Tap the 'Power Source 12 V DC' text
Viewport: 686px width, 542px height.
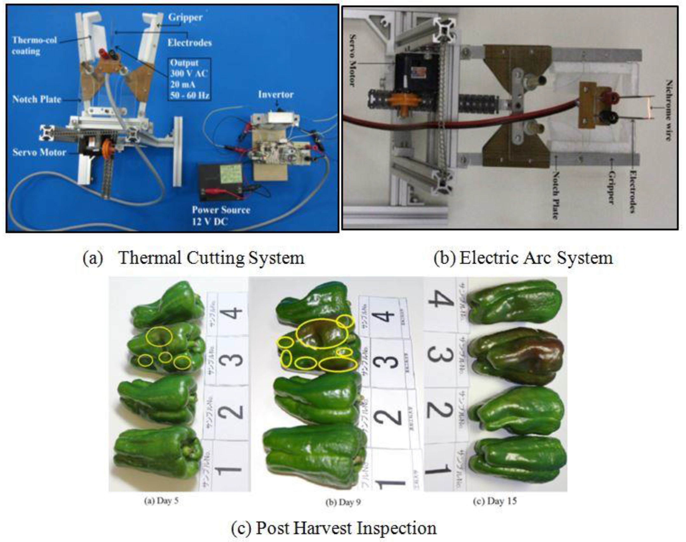pos(221,215)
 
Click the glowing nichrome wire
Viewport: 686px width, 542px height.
pos(651,108)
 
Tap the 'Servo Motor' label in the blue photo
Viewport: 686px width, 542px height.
pos(39,152)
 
